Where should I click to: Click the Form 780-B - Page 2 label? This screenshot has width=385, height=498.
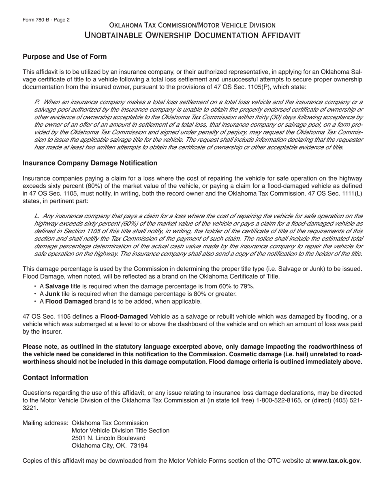(46, 19)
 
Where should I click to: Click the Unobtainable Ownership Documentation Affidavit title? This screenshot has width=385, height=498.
(192, 35)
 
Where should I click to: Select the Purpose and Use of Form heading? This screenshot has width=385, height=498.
(65, 56)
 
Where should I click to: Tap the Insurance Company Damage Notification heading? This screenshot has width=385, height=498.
(90, 163)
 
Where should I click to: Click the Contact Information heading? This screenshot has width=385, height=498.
(56, 377)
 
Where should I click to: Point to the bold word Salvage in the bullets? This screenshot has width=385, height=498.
(57, 286)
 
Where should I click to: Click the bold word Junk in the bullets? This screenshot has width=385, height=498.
(52, 294)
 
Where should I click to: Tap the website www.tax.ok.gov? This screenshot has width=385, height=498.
(336, 460)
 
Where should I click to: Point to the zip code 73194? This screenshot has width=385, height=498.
(139, 445)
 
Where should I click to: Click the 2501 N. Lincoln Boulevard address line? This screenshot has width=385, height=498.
(108, 438)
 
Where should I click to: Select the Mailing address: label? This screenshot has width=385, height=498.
(45, 423)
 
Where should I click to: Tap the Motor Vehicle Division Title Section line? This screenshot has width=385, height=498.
(120, 430)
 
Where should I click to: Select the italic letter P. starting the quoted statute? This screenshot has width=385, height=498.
(37, 102)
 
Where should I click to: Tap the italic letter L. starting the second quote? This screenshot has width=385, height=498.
(37, 216)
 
